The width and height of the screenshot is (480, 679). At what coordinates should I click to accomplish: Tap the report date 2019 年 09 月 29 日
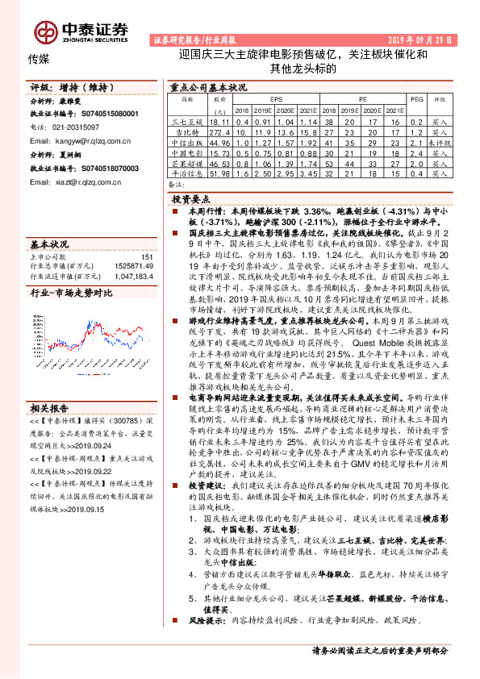(419, 40)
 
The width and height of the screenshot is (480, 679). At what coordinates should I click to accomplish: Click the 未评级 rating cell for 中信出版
(439, 141)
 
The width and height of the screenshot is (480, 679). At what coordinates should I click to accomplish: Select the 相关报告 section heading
(49, 407)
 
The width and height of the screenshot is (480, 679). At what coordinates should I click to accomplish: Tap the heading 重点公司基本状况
(207, 85)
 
